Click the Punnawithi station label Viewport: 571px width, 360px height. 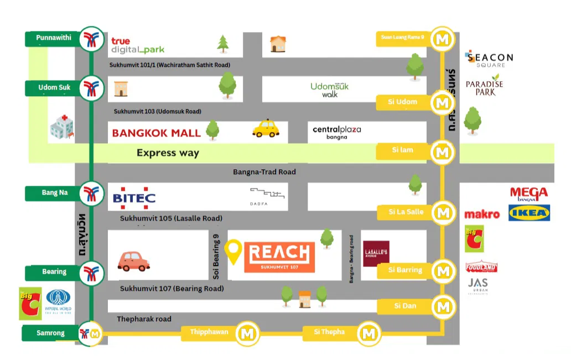(54, 38)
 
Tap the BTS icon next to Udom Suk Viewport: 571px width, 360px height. (91, 88)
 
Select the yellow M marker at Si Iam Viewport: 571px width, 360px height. (442, 150)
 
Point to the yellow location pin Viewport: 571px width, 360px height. (235, 252)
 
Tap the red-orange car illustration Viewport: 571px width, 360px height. (133, 260)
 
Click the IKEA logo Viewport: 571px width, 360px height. (529, 212)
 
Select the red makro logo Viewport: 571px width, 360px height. (481, 215)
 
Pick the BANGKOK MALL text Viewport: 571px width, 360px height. (156, 133)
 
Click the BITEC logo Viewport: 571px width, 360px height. (134, 198)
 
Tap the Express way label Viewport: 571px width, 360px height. (168, 153)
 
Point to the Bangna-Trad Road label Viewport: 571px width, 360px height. (264, 172)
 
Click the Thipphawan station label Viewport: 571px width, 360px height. (209, 332)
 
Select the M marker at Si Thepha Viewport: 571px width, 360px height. (368, 333)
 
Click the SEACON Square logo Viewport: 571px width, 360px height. (490, 59)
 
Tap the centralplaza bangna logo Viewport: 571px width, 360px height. (336, 132)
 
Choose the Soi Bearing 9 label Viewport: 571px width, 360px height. (216, 255)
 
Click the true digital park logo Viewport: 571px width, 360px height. (137, 45)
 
